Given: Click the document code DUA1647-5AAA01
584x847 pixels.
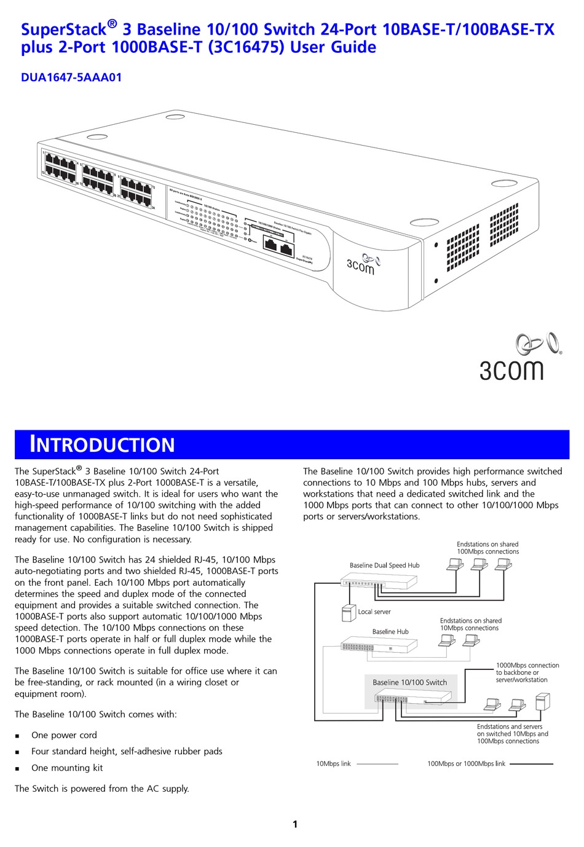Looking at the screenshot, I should click(x=71, y=77).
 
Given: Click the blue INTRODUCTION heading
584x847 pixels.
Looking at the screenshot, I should click(x=102, y=444).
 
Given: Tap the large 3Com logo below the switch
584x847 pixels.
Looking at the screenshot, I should click(x=519, y=358).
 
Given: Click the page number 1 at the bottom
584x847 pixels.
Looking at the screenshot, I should click(x=295, y=824).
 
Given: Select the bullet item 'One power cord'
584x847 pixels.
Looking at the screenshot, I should click(x=64, y=735).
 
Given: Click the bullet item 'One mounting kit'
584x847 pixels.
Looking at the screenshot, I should click(x=67, y=768).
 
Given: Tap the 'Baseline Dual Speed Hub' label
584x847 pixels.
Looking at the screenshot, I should click(x=384, y=565).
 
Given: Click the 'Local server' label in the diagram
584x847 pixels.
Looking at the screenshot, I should click(x=374, y=612).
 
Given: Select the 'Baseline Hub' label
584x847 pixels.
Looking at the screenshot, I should click(x=390, y=631).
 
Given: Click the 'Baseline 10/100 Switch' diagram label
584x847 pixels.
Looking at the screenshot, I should click(x=409, y=682).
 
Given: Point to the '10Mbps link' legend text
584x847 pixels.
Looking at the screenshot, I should click(x=333, y=764).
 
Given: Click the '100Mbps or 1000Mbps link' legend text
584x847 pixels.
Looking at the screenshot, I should click(x=466, y=764).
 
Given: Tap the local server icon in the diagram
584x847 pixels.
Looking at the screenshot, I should click(x=349, y=613).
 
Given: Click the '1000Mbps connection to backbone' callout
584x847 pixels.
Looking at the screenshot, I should click(x=527, y=672).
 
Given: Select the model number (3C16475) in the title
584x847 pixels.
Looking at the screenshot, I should click(x=247, y=47).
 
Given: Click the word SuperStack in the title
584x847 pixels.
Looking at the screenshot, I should click(x=63, y=29).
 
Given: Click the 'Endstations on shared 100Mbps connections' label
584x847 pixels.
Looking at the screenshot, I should click(x=487, y=548).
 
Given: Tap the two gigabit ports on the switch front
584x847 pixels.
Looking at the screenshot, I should click(x=278, y=245).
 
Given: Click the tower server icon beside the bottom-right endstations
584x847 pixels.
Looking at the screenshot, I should click(x=542, y=701).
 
